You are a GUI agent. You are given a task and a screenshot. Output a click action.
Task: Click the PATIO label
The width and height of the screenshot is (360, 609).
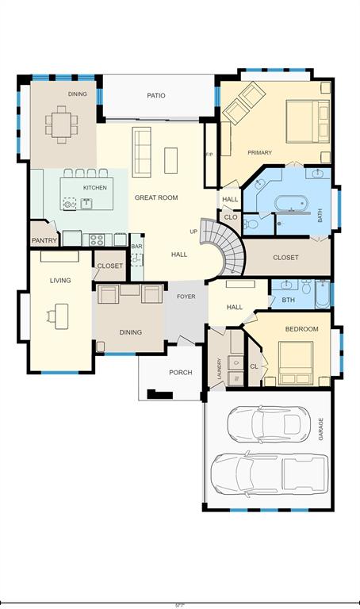pos(156,95)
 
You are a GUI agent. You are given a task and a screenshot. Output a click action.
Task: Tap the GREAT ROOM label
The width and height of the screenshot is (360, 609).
pos(155,197)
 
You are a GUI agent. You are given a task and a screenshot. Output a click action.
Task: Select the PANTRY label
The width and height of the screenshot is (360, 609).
pos(44,240)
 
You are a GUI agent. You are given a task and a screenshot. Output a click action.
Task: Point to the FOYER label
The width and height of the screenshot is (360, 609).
pos(186,297)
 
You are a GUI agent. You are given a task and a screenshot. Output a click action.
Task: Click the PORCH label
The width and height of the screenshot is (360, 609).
pos(181,373)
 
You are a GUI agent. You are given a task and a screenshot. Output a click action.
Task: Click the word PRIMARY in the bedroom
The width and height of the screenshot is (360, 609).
pos(259,152)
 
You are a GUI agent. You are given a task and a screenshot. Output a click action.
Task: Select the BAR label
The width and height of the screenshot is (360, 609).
pos(136,247)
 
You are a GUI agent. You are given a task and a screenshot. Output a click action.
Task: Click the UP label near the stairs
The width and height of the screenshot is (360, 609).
pos(193,232)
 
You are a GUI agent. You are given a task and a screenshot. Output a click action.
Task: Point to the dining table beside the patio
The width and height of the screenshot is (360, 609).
pos(60,122)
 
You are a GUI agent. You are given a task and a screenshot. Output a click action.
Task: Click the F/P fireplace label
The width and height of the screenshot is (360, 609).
pos(209,154)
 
